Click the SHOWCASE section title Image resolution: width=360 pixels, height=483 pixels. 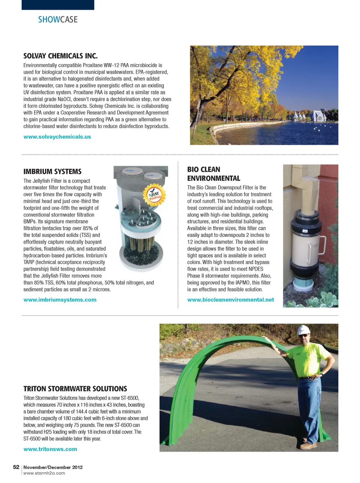pos(58,19)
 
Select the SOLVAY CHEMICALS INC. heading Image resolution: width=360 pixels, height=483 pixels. pos(60,56)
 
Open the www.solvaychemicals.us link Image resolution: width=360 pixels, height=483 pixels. pos(57,137)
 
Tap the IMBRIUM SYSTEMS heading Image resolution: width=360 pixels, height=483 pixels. pos(52,171)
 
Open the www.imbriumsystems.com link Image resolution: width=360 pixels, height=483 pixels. pos(60,300)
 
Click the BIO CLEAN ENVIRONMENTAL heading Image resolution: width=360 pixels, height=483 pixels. pos(214,174)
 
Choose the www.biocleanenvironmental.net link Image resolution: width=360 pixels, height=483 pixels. pos(230,300)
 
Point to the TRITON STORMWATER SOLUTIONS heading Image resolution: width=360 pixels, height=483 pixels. pos(75,388)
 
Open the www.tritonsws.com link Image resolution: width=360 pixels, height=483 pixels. pos(50,449)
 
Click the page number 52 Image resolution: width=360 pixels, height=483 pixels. pos(16,467)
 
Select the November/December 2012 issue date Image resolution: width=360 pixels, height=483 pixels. pos(53,467)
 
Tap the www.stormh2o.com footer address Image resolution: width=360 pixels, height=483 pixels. pos(44,473)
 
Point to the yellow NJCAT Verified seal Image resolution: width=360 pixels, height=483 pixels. pos(154,194)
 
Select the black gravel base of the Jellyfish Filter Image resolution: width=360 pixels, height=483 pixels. pos(141,254)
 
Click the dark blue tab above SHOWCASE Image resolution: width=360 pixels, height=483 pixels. pos(58,5)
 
